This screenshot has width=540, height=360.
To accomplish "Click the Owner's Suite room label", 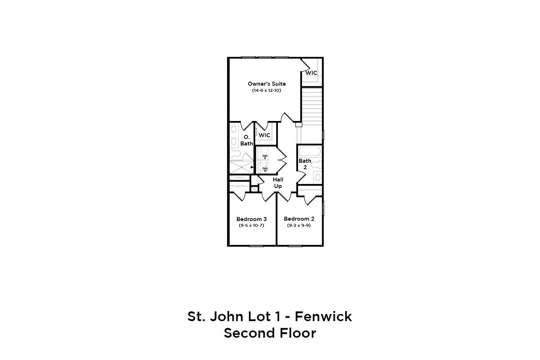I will pos(266,84).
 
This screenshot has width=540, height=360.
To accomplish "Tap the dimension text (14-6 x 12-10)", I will pos(266,91).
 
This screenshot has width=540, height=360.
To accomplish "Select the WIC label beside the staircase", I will pos(311,73).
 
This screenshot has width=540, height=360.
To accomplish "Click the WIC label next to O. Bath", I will pos(265,135).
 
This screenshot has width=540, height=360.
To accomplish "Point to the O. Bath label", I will pos(247,140).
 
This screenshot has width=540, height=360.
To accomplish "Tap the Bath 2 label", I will pos(305,164).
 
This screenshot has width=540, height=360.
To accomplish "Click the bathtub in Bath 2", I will pos(310,151).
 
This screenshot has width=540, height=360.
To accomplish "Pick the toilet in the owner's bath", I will pos(236,154).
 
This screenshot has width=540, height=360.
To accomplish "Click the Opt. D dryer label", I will pos(265,157).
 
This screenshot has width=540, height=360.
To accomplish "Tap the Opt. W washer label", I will pos(265,169).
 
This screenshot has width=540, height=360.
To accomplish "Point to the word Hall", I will pos(278,180).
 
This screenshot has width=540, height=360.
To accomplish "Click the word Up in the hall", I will pos(278,186).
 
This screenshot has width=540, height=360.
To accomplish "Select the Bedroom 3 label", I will pos(251,219).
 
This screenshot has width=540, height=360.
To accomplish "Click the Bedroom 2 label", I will pos(299,219).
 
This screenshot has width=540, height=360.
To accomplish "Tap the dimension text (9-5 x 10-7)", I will pos(251,226).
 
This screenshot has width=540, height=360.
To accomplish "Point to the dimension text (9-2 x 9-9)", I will pos(299,225).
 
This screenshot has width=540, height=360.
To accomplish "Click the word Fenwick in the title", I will pos(323,316).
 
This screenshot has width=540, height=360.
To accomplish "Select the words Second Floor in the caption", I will pos(270,333).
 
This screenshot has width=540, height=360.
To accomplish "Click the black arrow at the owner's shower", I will pos(252,167).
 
